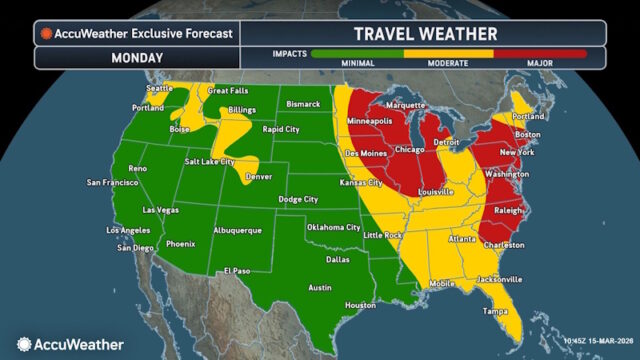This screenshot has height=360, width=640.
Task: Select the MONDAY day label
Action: (134, 58)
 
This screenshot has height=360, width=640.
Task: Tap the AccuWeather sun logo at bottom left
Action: (19, 344)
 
